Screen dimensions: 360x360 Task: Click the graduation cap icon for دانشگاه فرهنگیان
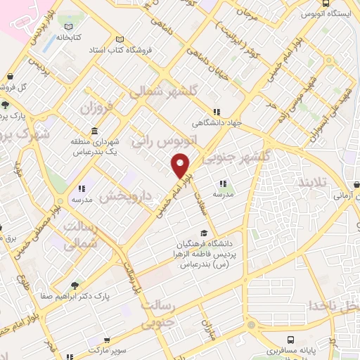click(204, 233)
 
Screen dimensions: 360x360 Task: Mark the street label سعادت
click(201, 195)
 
